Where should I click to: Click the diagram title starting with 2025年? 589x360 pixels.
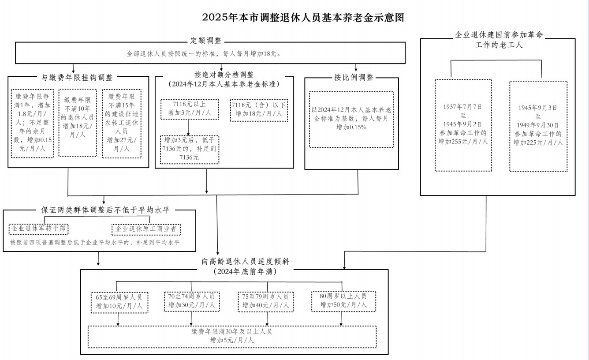tap(303, 17)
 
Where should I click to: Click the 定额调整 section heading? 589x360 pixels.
tap(206, 41)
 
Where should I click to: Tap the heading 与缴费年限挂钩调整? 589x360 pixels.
tap(77, 77)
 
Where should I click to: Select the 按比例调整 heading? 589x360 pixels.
tap(354, 77)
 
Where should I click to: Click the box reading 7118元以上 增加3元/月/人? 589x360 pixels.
tap(190, 109)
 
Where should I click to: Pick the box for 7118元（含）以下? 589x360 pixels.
tap(259, 110)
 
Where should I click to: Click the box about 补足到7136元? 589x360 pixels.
tap(190, 150)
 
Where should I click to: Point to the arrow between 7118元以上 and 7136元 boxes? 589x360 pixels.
tap(188, 127)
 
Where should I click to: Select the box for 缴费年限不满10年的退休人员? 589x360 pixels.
tap(78, 123)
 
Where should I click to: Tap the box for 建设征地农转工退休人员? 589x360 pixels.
tap(122, 124)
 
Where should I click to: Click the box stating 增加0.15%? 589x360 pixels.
tap(351, 120)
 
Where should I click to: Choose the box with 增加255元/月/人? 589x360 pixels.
tap(463, 125)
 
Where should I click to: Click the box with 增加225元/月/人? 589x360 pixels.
tap(538, 126)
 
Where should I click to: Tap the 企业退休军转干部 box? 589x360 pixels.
tap(38, 229)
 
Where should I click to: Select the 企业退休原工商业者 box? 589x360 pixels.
tap(146, 229)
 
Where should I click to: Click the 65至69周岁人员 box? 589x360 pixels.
tap(119, 302)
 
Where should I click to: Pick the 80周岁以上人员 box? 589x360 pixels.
tap(343, 301)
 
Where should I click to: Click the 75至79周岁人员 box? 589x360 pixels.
tap(265, 302)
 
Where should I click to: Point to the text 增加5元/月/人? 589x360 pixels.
tap(232, 340)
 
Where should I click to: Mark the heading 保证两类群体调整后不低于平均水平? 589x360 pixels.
tap(105, 210)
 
